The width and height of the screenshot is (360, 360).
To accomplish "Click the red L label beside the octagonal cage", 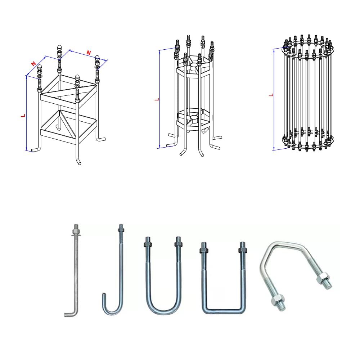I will [157, 99].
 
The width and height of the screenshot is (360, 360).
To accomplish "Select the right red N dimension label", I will [89, 53].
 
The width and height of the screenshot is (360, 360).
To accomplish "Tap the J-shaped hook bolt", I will [119, 274].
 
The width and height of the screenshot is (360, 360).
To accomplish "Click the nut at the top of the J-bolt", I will [122, 228].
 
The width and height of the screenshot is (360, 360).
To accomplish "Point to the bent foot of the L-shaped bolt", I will [71, 314].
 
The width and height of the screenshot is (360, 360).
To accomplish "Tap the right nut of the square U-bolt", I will [243, 249].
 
